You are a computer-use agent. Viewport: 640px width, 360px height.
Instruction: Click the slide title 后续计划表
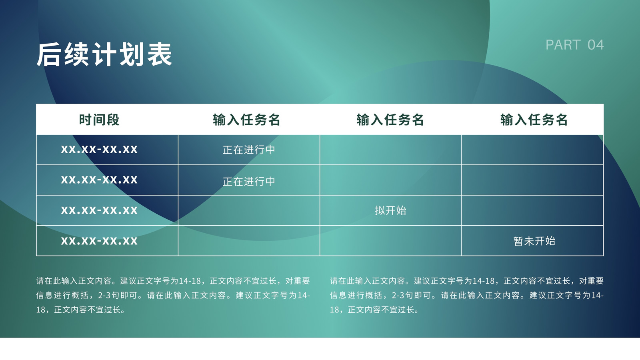click(104, 54)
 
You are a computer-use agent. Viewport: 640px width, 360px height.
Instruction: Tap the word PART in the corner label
click(563, 45)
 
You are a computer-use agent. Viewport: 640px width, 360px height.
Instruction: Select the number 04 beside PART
click(596, 45)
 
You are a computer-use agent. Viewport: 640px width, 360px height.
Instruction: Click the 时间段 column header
click(99, 120)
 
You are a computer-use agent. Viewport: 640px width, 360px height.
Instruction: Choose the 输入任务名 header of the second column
click(246, 120)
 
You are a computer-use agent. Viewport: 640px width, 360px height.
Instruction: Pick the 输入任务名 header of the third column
click(390, 120)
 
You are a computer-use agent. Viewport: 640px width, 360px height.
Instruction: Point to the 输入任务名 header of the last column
click(534, 120)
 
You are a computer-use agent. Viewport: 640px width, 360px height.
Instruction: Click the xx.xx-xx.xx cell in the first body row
click(99, 150)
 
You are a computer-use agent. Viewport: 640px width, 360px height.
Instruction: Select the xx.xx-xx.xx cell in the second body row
click(99, 180)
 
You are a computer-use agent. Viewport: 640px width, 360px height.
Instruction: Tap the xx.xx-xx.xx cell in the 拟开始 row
click(99, 210)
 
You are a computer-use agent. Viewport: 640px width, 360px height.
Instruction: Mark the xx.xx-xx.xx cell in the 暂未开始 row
click(99, 241)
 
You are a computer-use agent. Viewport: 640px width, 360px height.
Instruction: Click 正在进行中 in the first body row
click(249, 150)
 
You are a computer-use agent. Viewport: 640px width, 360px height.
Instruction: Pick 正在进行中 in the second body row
click(249, 182)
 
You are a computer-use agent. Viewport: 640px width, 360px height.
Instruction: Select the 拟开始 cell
click(390, 210)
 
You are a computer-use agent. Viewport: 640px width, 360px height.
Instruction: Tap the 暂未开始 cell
click(534, 241)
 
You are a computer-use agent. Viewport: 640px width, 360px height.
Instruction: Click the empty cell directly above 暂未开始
click(532, 210)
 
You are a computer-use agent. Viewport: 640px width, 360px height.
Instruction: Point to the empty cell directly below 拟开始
click(390, 240)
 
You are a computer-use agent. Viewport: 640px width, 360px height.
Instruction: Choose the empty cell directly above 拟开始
click(390, 180)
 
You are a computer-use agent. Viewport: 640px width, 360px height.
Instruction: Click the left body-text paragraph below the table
click(173, 295)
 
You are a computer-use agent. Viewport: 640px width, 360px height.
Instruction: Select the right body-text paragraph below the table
click(467, 295)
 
